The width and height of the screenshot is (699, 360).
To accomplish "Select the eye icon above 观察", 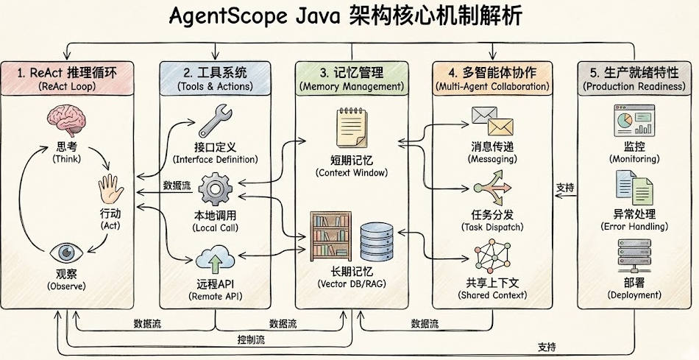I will [66, 252].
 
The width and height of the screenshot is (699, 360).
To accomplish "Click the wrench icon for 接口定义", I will [216, 121].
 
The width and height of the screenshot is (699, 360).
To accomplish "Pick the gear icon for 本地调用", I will [216, 189].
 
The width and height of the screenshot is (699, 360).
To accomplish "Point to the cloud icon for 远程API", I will [216, 260].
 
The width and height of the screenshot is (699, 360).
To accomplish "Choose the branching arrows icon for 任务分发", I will [492, 188].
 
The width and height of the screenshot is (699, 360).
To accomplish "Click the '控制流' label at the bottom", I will [252, 339].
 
